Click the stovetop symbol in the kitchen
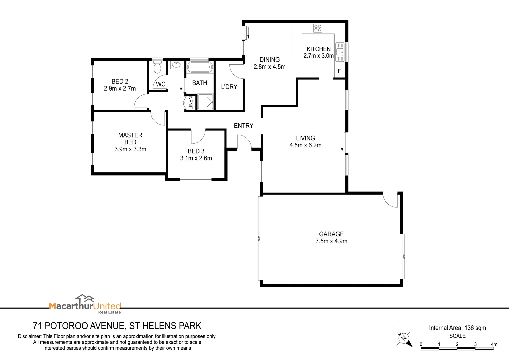pyautogui.click(x=317, y=28)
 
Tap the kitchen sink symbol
pyautogui.click(x=340, y=52)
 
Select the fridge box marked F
pyautogui.click(x=339, y=71)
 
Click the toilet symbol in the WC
pyautogui.click(x=157, y=68)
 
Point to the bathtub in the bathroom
pyautogui.click(x=199, y=67)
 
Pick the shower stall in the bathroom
pyautogui.click(x=205, y=102)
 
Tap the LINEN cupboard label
pyautogui.click(x=191, y=103)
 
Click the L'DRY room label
pyautogui.click(x=229, y=87)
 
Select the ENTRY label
pyautogui.click(x=243, y=126)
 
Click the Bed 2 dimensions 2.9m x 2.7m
pyautogui.click(x=120, y=89)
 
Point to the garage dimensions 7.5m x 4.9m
pyautogui.click(x=331, y=241)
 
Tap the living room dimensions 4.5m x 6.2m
pyautogui.click(x=305, y=145)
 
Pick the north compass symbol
pyautogui.click(x=404, y=338)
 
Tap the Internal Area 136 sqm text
pyautogui.click(x=457, y=328)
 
